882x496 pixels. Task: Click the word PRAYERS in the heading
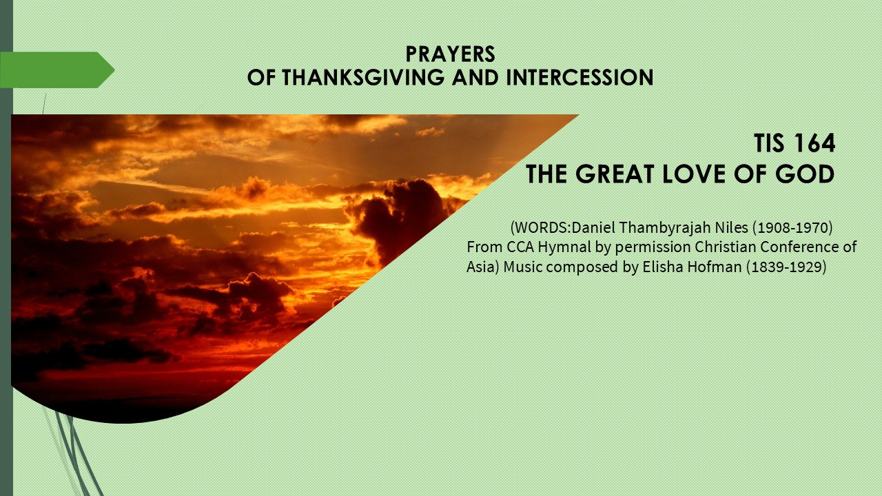(x=450, y=54)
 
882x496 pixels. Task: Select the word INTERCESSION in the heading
(x=580, y=77)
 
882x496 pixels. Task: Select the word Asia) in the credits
(x=483, y=267)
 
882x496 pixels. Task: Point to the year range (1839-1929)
(x=786, y=267)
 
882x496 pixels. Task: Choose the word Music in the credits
(x=523, y=267)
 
